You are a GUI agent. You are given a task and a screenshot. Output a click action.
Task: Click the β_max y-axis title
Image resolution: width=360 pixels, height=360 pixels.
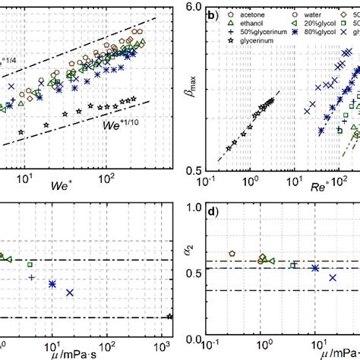180,94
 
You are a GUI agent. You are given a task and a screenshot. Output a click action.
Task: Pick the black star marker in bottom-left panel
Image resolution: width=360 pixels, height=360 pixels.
169,317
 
